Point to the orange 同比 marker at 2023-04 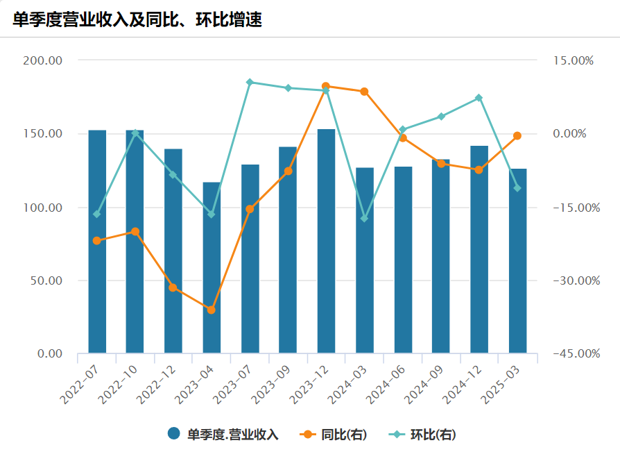pos(212,310)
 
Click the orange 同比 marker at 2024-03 pos(364,92)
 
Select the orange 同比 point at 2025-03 pos(517,136)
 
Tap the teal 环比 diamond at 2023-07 pos(250,83)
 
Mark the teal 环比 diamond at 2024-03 pos(364,219)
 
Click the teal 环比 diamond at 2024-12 pos(479,98)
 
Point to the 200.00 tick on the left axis pos(43,60)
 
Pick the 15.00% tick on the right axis pos(575,60)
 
